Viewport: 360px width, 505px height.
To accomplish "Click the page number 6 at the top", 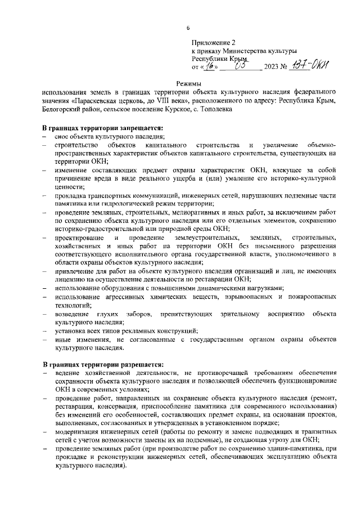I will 188,29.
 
